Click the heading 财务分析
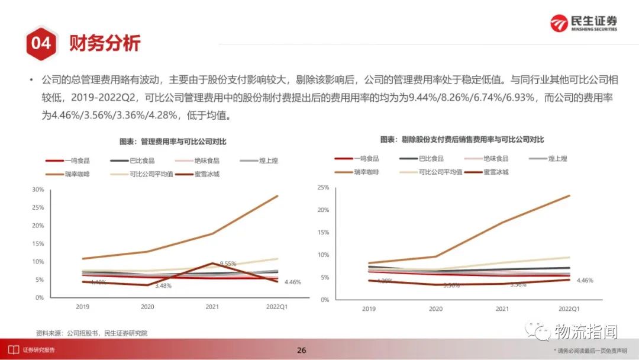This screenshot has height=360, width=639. (x=105, y=43)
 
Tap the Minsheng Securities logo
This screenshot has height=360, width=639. (x=583, y=23)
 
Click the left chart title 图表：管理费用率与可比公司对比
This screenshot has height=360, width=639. (x=173, y=142)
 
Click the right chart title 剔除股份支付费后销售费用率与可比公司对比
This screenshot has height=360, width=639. (x=462, y=140)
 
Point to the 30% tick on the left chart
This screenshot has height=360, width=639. (x=38, y=189)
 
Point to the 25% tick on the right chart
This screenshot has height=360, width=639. (x=323, y=188)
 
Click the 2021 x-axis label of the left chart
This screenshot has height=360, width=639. (x=212, y=307)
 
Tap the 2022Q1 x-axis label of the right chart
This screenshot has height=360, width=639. (x=570, y=309)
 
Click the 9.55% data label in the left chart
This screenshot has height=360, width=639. (x=228, y=263)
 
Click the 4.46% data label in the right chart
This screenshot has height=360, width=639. (x=585, y=280)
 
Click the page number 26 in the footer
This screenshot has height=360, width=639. (x=302, y=350)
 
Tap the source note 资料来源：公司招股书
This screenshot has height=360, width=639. (x=92, y=333)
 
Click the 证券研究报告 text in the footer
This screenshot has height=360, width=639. (x=39, y=350)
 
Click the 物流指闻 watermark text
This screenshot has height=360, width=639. (x=586, y=332)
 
